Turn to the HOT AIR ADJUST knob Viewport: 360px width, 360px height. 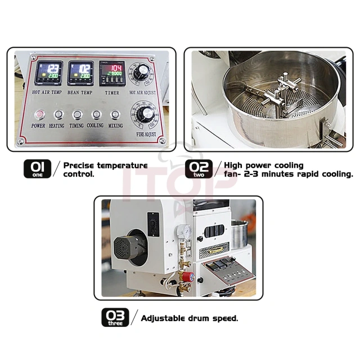(x=141, y=71)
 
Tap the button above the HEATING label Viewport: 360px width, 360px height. (x=58, y=115)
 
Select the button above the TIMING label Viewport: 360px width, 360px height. (x=77, y=115)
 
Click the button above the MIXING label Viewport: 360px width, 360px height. (x=115, y=115)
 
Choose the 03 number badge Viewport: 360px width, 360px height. (x=115, y=317)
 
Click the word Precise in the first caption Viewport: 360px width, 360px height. (x=79, y=165)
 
